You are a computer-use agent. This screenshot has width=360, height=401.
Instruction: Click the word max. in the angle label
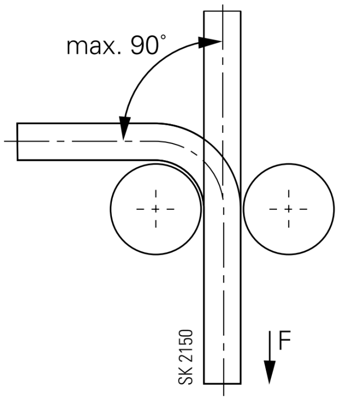click(x=94, y=46)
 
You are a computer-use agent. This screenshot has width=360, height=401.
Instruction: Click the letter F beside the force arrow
click(x=285, y=340)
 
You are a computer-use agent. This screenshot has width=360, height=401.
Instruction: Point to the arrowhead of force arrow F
click(x=270, y=372)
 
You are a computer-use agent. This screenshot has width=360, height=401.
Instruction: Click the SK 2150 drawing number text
click(x=186, y=357)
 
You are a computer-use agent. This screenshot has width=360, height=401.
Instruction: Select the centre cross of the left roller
click(x=156, y=209)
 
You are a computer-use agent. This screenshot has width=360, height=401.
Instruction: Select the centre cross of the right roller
click(x=289, y=209)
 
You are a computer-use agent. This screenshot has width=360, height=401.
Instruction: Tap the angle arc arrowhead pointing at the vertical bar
click(x=210, y=43)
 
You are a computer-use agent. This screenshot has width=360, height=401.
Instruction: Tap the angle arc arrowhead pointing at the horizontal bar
click(x=125, y=128)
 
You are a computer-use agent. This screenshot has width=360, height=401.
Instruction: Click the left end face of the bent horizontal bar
click(x=17, y=142)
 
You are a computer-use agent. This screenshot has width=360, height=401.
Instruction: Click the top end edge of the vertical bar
click(x=222, y=11)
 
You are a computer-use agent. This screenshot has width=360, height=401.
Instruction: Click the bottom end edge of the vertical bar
click(x=222, y=384)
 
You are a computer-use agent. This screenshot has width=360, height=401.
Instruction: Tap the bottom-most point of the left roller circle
click(x=156, y=254)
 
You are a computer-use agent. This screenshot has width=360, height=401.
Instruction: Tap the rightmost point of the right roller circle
click(x=334, y=209)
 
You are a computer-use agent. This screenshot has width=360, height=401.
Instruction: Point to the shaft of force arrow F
click(x=270, y=346)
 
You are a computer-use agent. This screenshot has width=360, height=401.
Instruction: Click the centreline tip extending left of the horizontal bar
click(x=4, y=141)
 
